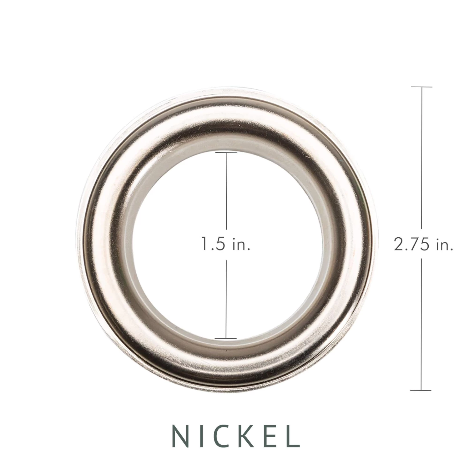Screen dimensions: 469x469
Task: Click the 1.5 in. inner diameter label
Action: [225, 244]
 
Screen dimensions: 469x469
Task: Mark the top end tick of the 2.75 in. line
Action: [421, 87]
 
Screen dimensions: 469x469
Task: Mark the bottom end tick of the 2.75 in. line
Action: [421, 391]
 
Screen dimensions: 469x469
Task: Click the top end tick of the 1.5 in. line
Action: [226, 153]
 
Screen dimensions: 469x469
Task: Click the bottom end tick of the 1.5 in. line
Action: [226, 338]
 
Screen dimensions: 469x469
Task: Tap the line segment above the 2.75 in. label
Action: [422, 156]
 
